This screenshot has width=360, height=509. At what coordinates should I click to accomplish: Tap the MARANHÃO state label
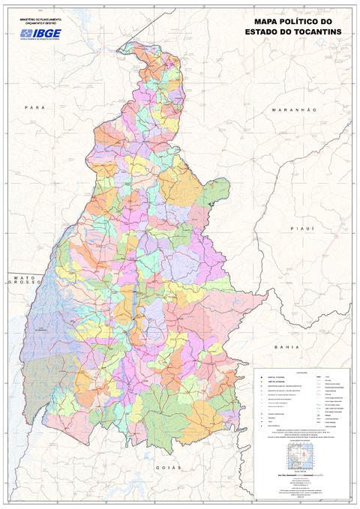click(x=295, y=110)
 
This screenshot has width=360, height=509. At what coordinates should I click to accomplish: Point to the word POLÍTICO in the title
click(x=305, y=22)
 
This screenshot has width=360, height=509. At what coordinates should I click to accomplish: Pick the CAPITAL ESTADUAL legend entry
click(x=271, y=382)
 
